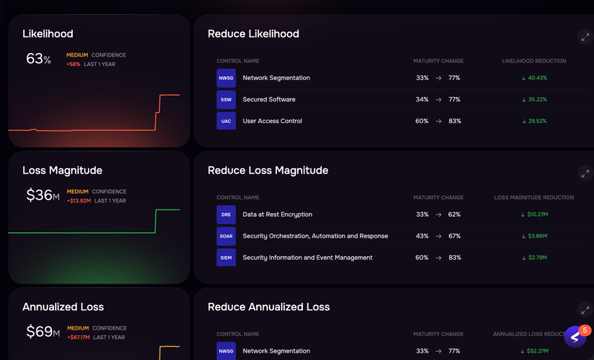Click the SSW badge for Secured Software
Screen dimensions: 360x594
[x=226, y=99]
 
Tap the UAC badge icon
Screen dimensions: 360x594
[x=226, y=121]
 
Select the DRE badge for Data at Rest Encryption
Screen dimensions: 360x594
[x=226, y=215]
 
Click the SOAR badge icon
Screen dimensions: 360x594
[x=226, y=236]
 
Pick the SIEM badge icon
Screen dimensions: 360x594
[x=226, y=258]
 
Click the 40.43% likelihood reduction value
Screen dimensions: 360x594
[x=534, y=78]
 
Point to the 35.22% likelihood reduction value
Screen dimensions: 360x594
[x=534, y=99]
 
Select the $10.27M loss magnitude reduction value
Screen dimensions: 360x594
[x=534, y=215]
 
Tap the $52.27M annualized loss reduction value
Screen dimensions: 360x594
[x=534, y=351]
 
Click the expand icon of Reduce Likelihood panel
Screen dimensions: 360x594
[x=584, y=36]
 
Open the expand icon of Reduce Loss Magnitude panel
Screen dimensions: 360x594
[x=584, y=173]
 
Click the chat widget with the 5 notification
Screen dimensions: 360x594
[x=575, y=337]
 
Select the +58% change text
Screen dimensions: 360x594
[x=74, y=65]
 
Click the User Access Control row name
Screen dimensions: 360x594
[x=272, y=121]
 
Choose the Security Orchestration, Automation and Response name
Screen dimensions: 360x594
[x=315, y=236]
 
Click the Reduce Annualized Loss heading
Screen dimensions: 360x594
[x=269, y=307]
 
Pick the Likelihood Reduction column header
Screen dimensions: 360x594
[x=534, y=61]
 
